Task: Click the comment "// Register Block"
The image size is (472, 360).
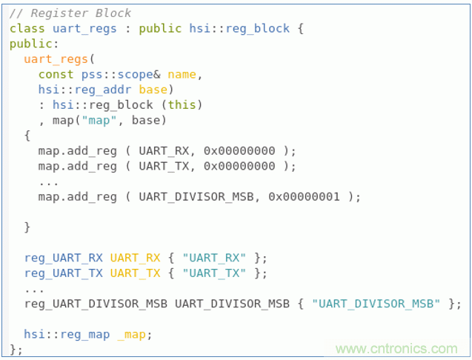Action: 70,13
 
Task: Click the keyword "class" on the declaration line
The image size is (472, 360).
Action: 27,29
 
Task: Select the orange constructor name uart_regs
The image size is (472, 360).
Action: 56,59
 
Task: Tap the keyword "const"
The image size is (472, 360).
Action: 56,74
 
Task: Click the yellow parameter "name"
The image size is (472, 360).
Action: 182,74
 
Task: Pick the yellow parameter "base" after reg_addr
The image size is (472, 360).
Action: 153,90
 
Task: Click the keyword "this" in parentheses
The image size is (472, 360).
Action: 182,105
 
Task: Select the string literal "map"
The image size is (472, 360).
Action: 99,121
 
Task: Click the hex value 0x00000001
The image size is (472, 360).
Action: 304,197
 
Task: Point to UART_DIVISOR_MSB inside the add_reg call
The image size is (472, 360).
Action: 196,197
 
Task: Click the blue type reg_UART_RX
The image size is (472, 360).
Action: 64,259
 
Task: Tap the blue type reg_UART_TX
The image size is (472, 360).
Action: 64,273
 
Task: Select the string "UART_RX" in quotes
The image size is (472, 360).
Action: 214,258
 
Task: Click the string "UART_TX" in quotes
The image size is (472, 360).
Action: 214,273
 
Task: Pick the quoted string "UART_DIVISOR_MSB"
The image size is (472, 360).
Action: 376,304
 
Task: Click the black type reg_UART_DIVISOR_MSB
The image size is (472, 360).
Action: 96,304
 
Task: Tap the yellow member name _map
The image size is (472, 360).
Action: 132,335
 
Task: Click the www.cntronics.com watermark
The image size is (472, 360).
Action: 396,349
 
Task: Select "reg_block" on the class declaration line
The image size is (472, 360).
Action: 258,29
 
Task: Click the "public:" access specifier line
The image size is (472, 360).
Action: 34,44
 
